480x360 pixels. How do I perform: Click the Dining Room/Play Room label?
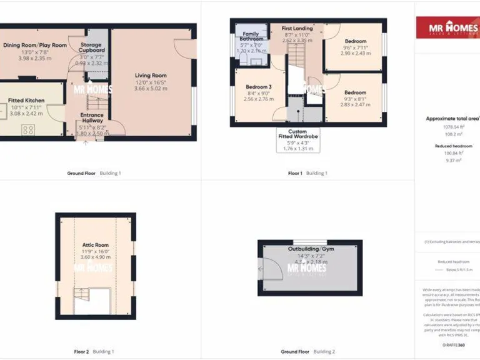click(35, 45)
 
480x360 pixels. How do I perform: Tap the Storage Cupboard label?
click(92, 47)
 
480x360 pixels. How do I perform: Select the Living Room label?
click(151, 76)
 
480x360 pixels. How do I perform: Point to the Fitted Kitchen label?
click(26, 100)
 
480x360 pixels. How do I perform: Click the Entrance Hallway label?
click(92, 117)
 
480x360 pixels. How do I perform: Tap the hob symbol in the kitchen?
click(28, 130)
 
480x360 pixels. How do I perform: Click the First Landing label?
click(297, 29)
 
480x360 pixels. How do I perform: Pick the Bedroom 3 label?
click(258, 87)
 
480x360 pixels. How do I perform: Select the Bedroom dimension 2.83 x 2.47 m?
click(356, 104)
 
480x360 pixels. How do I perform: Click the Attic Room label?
click(96, 246)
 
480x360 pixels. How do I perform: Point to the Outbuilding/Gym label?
click(311, 249)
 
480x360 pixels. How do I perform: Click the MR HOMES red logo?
click(448, 27)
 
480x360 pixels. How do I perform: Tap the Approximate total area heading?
click(452, 118)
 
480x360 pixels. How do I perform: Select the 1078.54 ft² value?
click(453, 126)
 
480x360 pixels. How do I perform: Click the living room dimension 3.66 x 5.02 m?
click(151, 89)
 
